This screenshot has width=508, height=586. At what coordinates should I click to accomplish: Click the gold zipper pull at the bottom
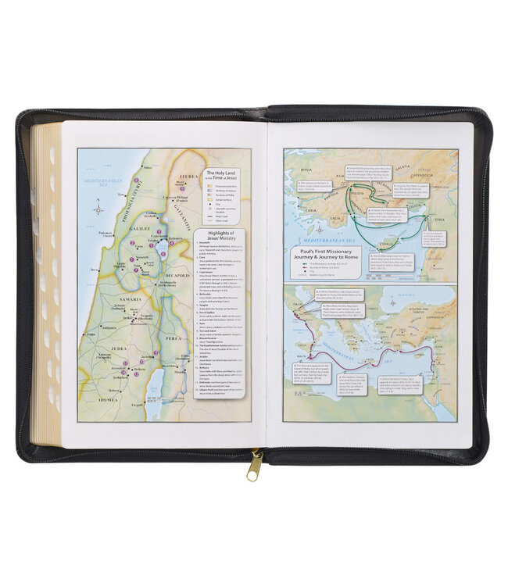coord(254,467)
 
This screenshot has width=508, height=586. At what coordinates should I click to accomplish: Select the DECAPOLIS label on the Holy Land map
coord(179,276)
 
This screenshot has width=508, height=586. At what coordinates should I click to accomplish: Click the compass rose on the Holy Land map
coord(98,209)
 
